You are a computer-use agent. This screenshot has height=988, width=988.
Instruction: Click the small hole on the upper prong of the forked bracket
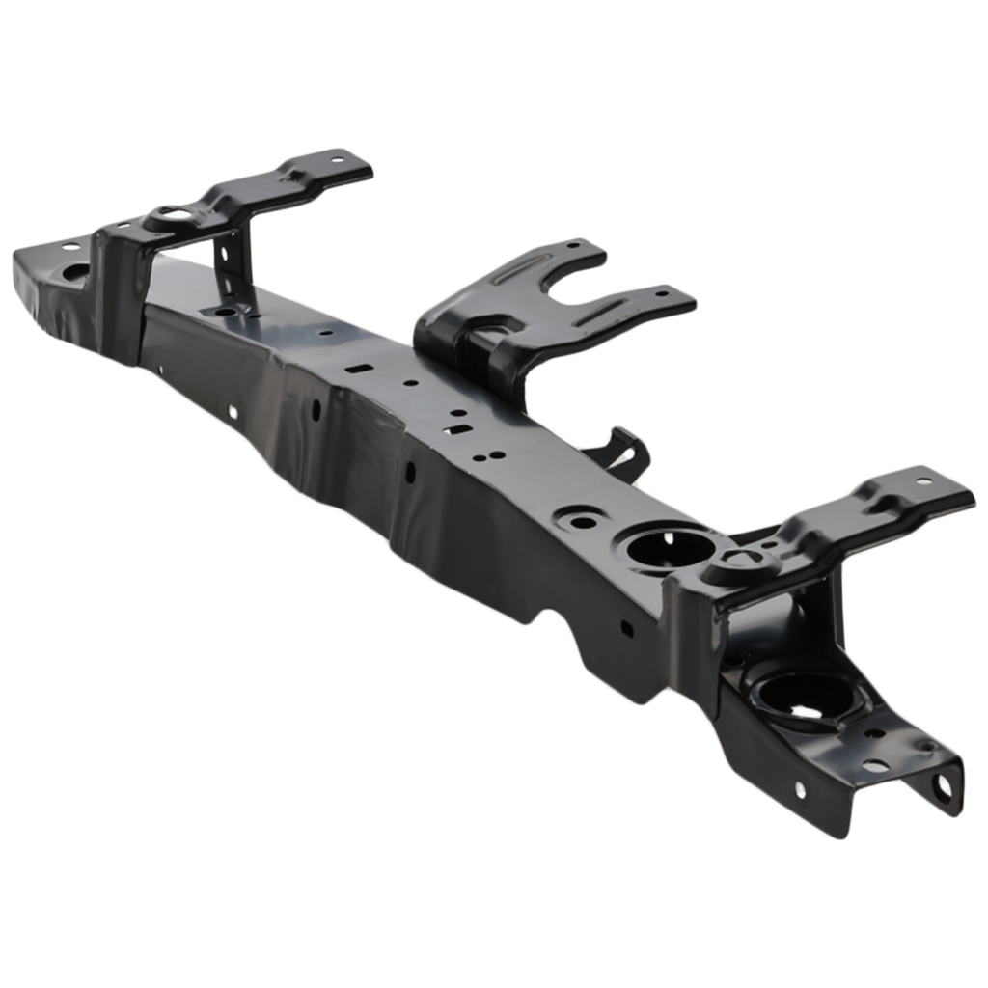576,247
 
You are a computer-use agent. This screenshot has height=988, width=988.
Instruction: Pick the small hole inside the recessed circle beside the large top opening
584,522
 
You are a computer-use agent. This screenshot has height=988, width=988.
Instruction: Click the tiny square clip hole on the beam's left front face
233,412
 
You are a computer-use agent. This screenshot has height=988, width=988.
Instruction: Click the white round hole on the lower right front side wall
800,790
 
